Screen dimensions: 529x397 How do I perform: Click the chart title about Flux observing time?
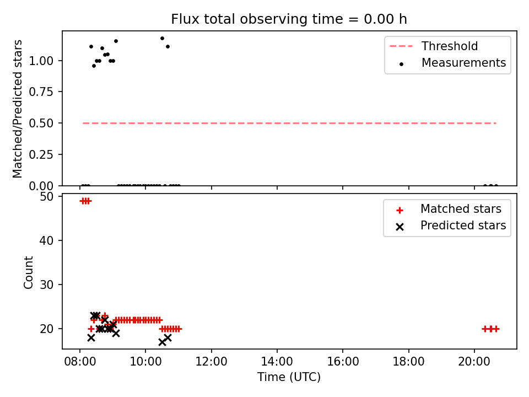(x=289, y=19)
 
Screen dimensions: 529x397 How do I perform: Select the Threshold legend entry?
(x=434, y=46)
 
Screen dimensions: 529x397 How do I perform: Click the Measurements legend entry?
(x=452, y=63)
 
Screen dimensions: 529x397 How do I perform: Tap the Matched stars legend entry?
(x=449, y=209)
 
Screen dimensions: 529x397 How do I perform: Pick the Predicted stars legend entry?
(x=451, y=226)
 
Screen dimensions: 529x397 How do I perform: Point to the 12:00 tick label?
(x=212, y=362)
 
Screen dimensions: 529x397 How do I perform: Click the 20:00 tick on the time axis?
(x=474, y=362)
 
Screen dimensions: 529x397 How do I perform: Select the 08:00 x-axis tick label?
(x=80, y=362)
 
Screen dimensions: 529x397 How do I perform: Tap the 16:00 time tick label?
(x=343, y=362)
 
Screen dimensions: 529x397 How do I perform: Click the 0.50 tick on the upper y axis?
(x=41, y=123)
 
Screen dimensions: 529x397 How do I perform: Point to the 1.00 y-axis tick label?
(x=41, y=61)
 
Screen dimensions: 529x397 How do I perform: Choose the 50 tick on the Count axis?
(x=46, y=196)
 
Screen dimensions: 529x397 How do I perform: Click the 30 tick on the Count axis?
(x=46, y=285)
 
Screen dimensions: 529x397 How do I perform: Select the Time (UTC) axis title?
(x=289, y=377)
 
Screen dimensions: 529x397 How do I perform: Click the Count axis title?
(x=28, y=272)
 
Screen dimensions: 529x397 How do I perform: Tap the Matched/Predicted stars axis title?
(x=18, y=109)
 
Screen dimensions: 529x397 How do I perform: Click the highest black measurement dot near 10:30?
(x=162, y=39)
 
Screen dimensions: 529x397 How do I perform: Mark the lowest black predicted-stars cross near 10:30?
(x=162, y=342)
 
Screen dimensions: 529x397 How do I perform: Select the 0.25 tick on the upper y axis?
(x=41, y=154)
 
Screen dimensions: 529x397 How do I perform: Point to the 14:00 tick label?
(x=277, y=362)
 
